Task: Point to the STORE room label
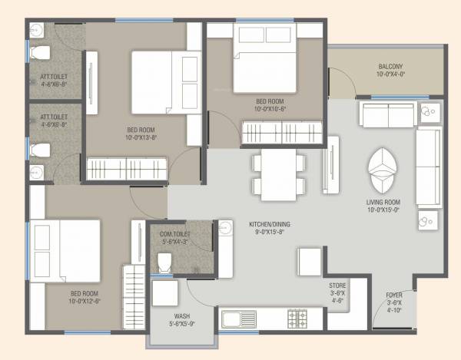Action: tap(337, 285)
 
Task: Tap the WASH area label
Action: tap(183, 315)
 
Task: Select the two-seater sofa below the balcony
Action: tap(388, 116)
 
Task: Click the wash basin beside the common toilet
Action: tap(224, 230)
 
